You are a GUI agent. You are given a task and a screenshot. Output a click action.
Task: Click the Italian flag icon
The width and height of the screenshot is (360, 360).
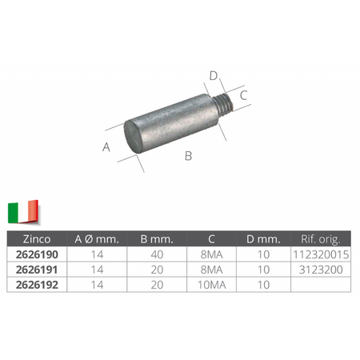pyautogui.click(x=23, y=211)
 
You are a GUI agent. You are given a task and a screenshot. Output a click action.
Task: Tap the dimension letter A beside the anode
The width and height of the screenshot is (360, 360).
pyautogui.click(x=106, y=146)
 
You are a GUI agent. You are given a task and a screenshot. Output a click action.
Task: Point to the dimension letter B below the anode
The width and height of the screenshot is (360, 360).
pyautogui.click(x=188, y=156)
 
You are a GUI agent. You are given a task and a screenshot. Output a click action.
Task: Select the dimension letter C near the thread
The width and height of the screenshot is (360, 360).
pyautogui.click(x=243, y=95)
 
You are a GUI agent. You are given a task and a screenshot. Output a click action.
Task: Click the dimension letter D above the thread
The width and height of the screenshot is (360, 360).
pyautogui.click(x=214, y=76)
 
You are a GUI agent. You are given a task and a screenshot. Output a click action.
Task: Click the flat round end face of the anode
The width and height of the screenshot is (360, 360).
pyautogui.click(x=134, y=137)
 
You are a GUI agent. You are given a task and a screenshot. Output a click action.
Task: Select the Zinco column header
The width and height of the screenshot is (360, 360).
pyautogui.click(x=37, y=239)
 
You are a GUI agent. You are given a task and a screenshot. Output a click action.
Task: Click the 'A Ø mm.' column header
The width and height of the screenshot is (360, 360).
pyautogui.click(x=97, y=239)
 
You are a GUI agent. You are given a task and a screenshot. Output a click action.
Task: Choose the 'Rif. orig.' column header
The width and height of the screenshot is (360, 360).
pyautogui.click(x=321, y=239)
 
